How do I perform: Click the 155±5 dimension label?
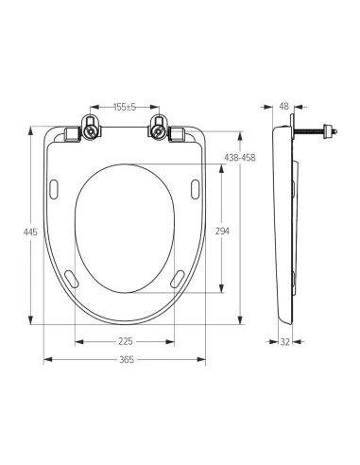pyautogui.click(x=125, y=107)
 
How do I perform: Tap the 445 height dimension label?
pyautogui.click(x=30, y=232)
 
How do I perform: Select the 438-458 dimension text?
pyautogui.click(x=240, y=157)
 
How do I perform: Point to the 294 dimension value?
pyautogui.click(x=222, y=232)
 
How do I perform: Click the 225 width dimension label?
pyautogui.click(x=126, y=341)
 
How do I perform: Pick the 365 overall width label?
pyautogui.click(x=127, y=359)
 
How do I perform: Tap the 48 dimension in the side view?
pyautogui.click(x=283, y=107)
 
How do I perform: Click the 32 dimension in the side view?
pyautogui.click(x=284, y=342)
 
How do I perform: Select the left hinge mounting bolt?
pyautogui.click(x=91, y=130)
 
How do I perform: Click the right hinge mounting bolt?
pyautogui.click(x=158, y=130)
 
